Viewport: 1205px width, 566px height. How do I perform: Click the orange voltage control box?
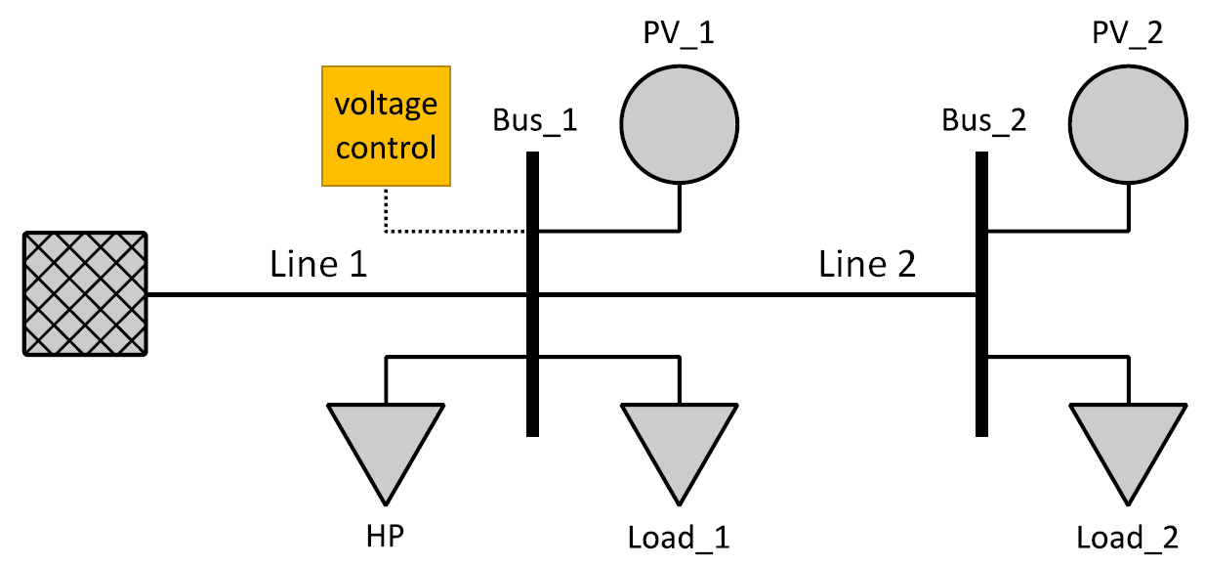386,125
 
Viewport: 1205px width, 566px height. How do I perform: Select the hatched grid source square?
86,293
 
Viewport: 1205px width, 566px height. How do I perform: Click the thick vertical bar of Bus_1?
532,371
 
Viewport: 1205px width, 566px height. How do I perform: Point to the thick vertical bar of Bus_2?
981,371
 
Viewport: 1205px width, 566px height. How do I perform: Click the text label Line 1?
318,264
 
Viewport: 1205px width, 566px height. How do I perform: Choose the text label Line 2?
867,264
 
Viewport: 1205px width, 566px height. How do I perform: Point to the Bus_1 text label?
535,121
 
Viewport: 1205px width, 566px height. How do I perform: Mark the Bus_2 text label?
984,121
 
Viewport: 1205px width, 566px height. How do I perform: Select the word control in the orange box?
386,149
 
